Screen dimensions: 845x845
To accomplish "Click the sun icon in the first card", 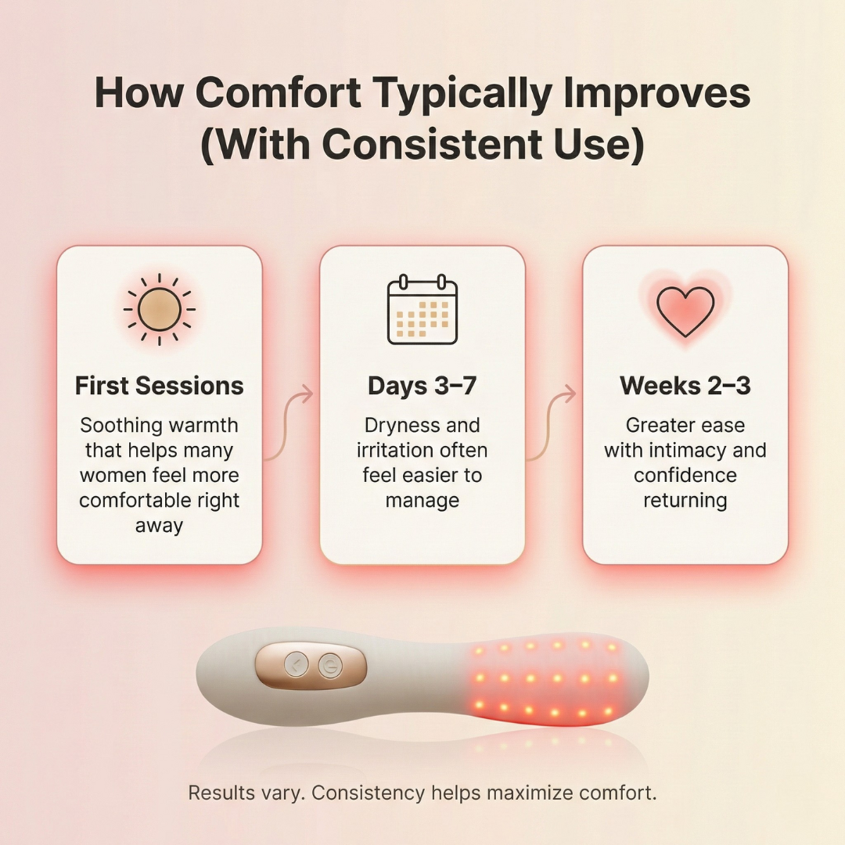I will [x=160, y=308].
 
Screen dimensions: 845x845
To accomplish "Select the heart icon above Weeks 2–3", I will [x=685, y=310].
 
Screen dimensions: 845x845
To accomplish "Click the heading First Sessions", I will [x=160, y=386].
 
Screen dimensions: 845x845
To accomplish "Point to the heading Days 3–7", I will [x=422, y=386].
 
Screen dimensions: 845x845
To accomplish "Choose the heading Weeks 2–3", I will [x=685, y=386].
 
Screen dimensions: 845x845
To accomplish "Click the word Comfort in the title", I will [x=278, y=94].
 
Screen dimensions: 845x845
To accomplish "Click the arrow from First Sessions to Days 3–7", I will [x=289, y=422].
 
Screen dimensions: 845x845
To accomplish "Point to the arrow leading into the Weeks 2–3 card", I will [x=552, y=422].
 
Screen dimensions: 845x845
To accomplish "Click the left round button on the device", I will [x=296, y=666].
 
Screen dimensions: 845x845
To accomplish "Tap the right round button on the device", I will [x=330, y=667].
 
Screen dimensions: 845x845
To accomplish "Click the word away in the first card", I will [x=159, y=526].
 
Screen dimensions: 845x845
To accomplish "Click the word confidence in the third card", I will [x=685, y=476].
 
